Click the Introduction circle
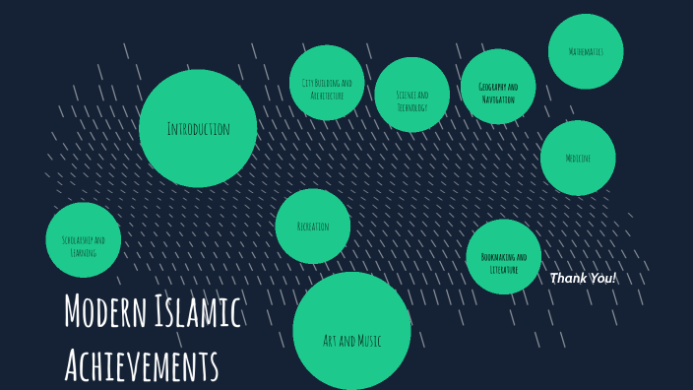pyautogui.click(x=198, y=128)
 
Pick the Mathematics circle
pyautogui.click(x=586, y=50)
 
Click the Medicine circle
pyautogui.click(x=578, y=158)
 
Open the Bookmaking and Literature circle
pyautogui.click(x=504, y=257)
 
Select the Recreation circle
pyautogui.click(x=313, y=227)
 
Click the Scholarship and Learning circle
pyautogui.click(x=84, y=239)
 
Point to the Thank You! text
pyautogui.click(x=583, y=279)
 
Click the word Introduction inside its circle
pyautogui.click(x=198, y=129)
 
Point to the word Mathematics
pyautogui.click(x=586, y=51)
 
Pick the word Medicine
pyautogui.click(x=578, y=159)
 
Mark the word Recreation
pyautogui.click(x=313, y=227)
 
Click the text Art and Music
pyautogui.click(x=351, y=341)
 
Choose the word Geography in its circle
pyautogui.click(x=491, y=88)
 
